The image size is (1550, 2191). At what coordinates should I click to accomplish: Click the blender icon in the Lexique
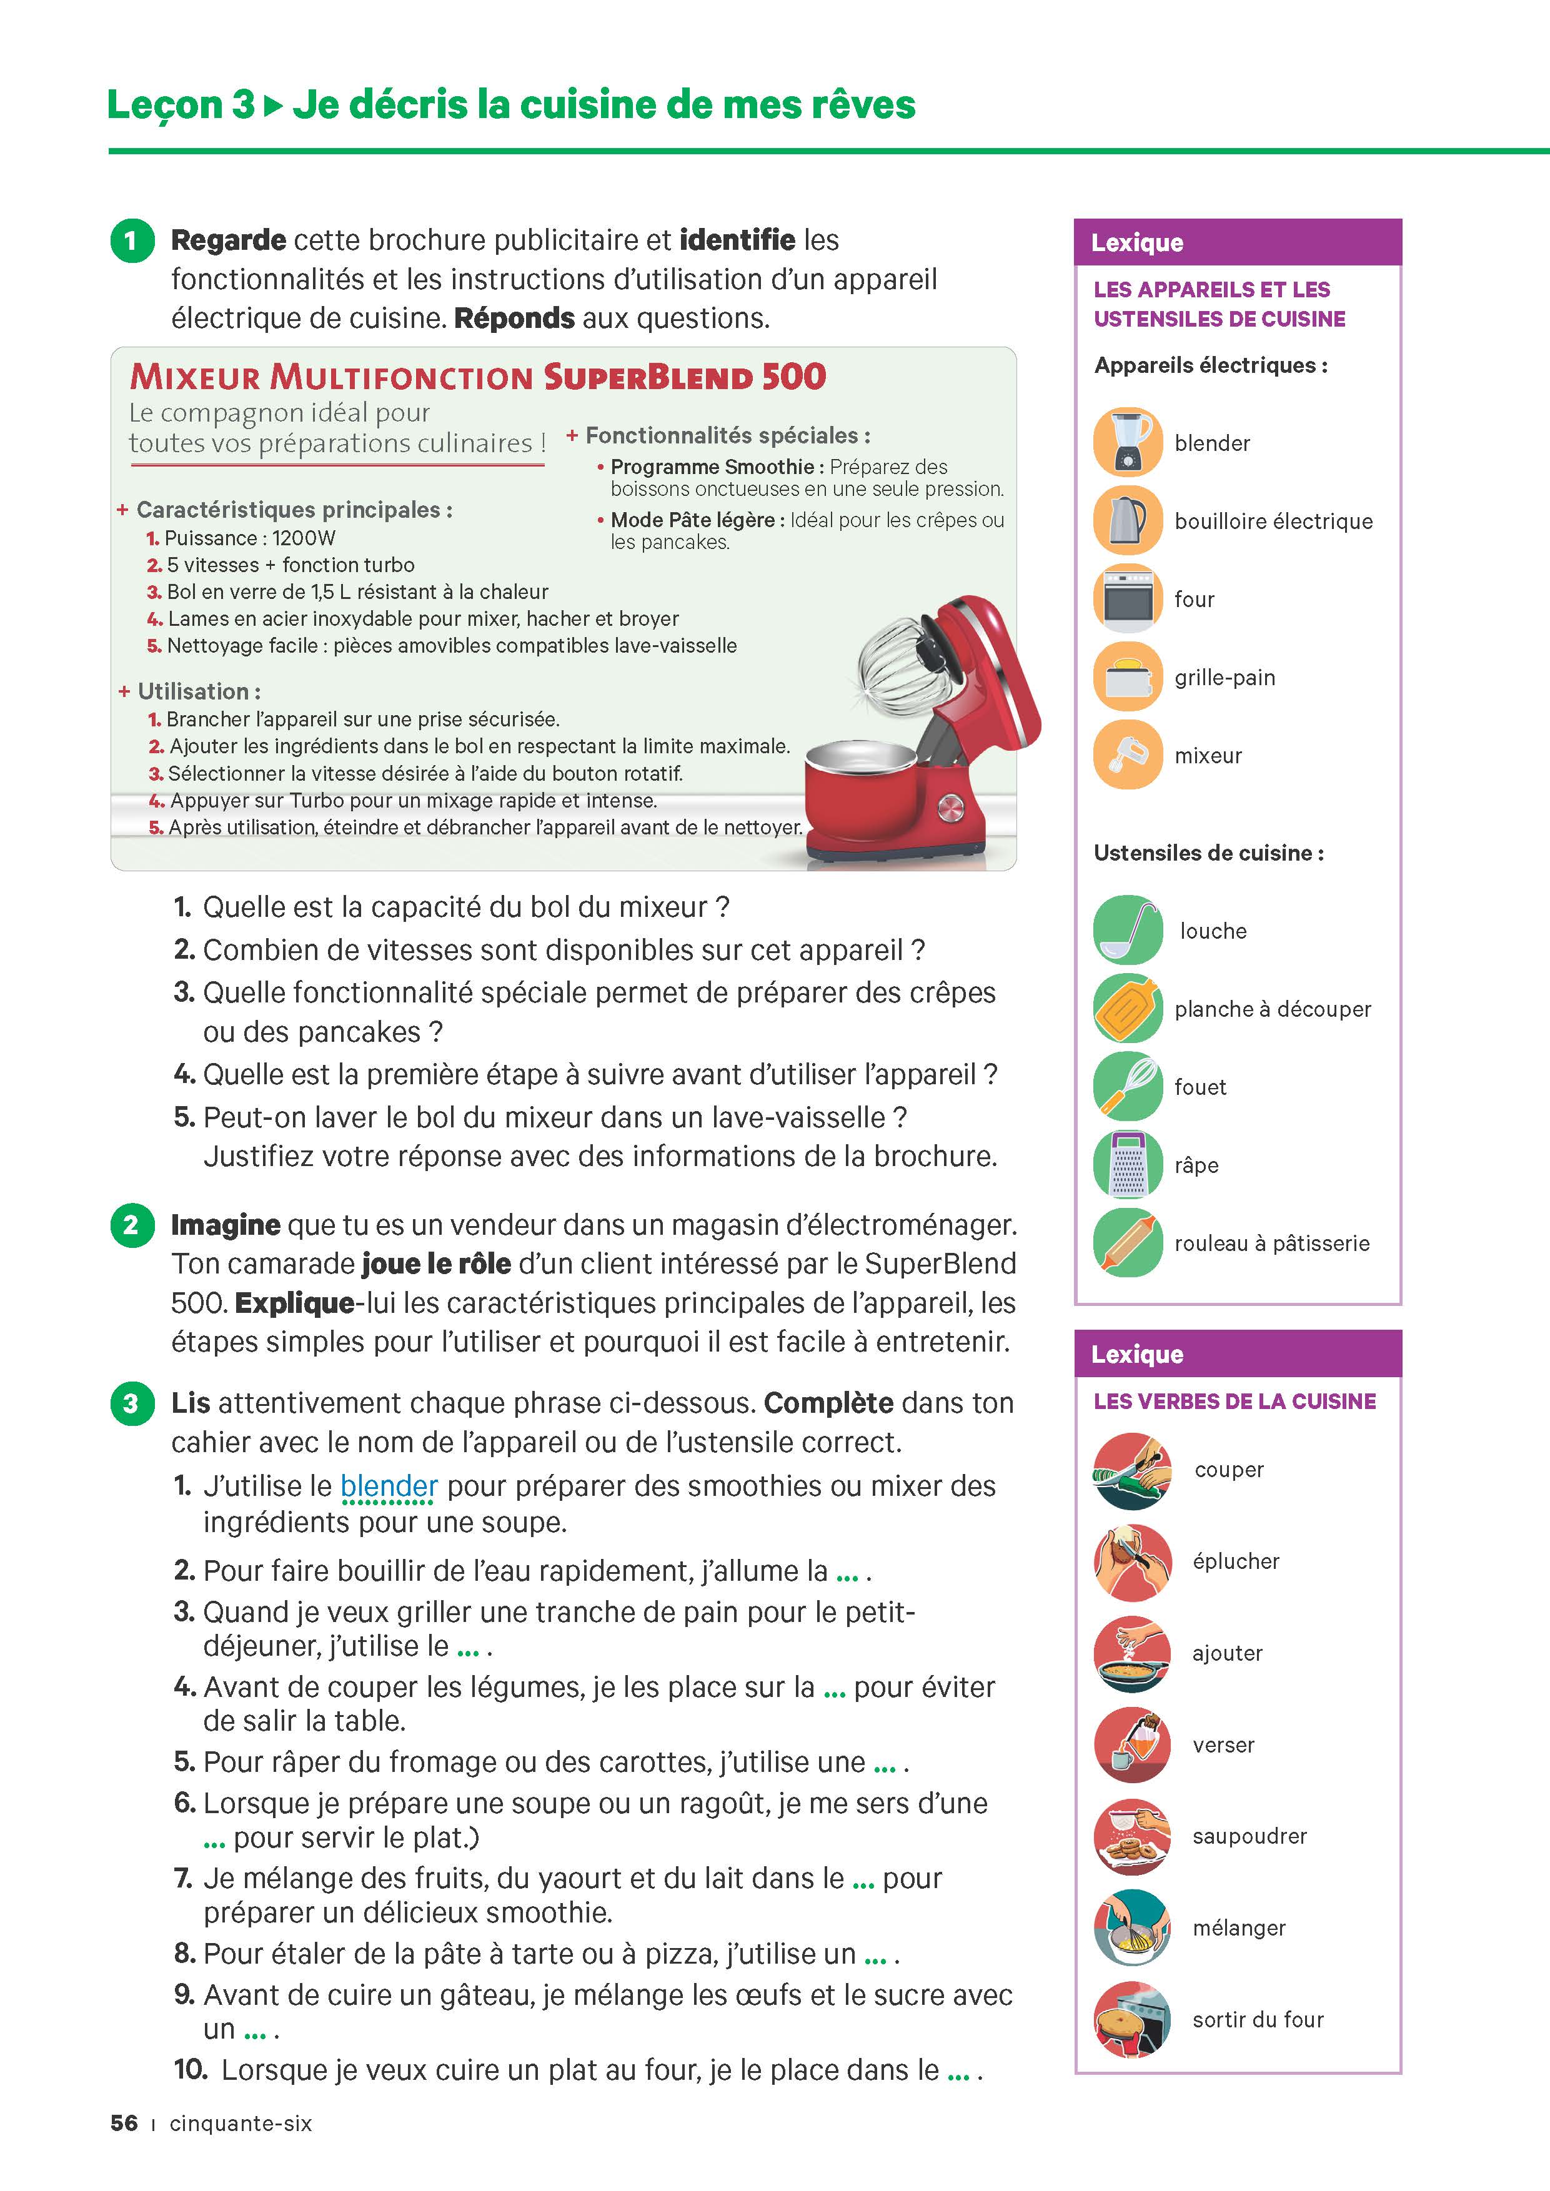[1127, 442]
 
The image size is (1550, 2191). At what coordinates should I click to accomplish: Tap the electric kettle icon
[1127, 520]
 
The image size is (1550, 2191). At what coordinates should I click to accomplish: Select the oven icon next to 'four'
[1127, 598]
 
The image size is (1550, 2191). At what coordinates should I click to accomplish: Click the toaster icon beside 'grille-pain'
[1127, 676]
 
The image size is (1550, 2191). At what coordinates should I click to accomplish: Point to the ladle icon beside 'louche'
[1127, 929]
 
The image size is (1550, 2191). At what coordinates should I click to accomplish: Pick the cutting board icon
[1127, 1007]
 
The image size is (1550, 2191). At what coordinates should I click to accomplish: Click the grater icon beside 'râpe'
[1127, 1164]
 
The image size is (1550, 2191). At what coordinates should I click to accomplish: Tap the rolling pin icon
[1127, 1242]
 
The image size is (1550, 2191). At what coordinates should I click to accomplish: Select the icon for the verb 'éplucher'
[1132, 1561]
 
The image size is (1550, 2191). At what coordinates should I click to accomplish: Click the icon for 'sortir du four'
[1132, 2019]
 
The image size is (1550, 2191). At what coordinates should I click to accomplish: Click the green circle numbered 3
[132, 1403]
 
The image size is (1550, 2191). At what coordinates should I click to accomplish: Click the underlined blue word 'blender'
[389, 1486]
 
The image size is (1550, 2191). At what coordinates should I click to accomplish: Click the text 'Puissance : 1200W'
[249, 538]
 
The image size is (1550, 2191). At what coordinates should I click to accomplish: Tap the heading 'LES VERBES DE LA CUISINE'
[1234, 1401]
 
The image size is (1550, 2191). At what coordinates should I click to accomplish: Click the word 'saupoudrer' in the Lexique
[1248, 1836]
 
